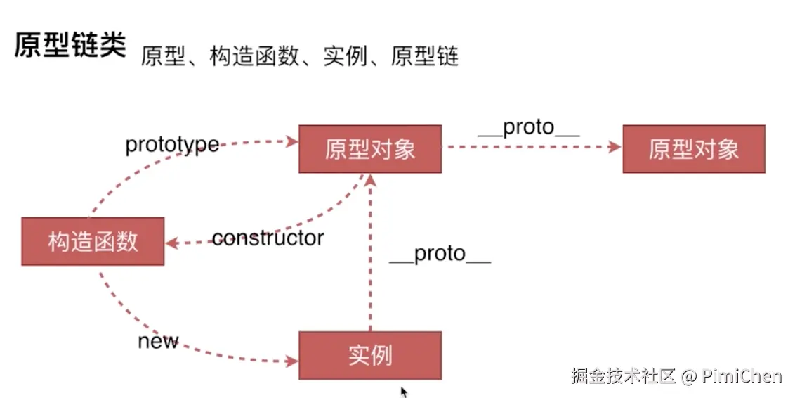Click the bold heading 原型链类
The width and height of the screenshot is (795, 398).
(x=70, y=46)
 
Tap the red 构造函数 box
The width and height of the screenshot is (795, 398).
(x=93, y=241)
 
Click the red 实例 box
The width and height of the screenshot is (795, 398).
(x=370, y=355)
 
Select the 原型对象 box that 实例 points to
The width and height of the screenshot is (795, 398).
(x=370, y=149)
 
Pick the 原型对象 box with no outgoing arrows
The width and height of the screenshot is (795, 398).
(x=693, y=149)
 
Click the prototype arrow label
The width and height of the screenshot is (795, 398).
(x=171, y=145)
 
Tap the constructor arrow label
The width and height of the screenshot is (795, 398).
(x=268, y=238)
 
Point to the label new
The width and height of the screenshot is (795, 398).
(x=158, y=342)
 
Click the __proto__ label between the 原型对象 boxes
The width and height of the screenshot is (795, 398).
(x=528, y=127)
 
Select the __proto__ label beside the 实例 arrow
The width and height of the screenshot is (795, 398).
(x=440, y=254)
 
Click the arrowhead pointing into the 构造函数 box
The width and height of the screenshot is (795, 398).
(x=171, y=243)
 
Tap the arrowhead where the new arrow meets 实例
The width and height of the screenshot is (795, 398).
(x=293, y=362)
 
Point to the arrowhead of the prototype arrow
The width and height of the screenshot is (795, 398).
(x=293, y=141)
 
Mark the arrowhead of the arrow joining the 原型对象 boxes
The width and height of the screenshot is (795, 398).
(x=616, y=147)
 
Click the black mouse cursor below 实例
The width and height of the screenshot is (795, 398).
(x=404, y=391)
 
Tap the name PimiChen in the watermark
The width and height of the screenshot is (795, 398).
(x=742, y=376)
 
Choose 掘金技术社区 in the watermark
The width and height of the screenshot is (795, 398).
(x=622, y=376)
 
